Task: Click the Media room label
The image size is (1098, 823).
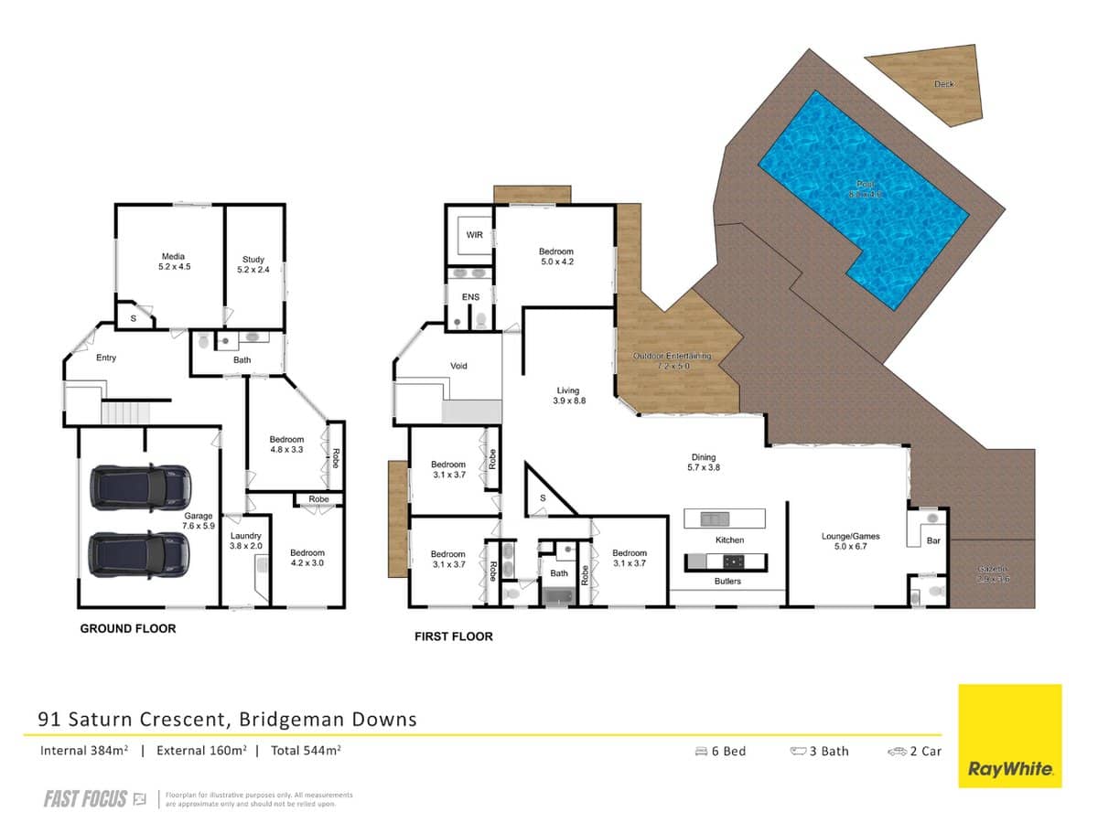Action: (x=174, y=262)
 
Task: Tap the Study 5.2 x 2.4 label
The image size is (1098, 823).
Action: (x=253, y=265)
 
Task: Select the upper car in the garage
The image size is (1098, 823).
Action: (x=140, y=487)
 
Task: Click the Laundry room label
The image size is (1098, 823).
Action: (x=245, y=540)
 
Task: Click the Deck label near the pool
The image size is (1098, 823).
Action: (x=943, y=84)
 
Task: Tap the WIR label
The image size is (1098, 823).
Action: (x=474, y=235)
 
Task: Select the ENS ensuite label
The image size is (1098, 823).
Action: (x=470, y=297)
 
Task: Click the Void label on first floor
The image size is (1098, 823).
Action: (x=459, y=366)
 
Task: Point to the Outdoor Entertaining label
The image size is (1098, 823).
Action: (x=673, y=360)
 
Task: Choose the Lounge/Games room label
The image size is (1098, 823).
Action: (x=850, y=541)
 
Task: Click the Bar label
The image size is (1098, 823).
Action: (x=933, y=540)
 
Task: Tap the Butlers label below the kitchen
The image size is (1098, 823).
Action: (x=728, y=581)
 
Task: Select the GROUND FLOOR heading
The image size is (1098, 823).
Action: (x=128, y=628)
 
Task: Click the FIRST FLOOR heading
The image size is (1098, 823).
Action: (x=454, y=636)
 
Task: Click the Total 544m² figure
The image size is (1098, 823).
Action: (x=306, y=751)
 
